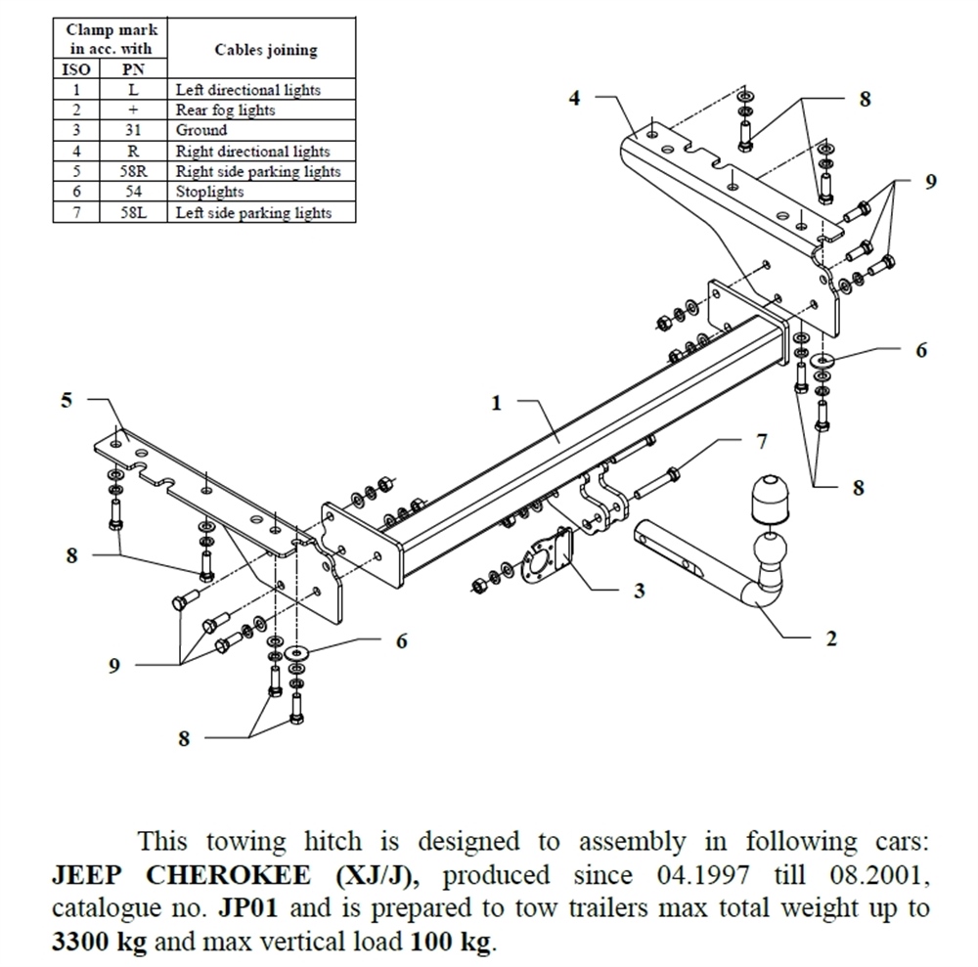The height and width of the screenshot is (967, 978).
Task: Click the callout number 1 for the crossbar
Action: coord(497,403)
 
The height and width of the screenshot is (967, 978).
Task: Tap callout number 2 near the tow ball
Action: coord(830,639)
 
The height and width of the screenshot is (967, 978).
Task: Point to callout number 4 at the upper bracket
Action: coord(575,97)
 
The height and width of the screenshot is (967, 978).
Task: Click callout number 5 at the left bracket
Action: coord(67,400)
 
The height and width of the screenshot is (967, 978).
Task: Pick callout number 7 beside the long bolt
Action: coord(761,441)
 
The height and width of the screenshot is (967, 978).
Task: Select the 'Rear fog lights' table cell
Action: coord(225,110)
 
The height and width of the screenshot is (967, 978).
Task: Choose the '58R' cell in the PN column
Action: coord(133,172)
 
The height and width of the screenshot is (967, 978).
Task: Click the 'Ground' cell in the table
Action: coord(201,130)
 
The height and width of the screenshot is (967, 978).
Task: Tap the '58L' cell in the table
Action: coord(133,212)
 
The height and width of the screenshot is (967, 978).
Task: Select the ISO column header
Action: coord(76,70)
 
